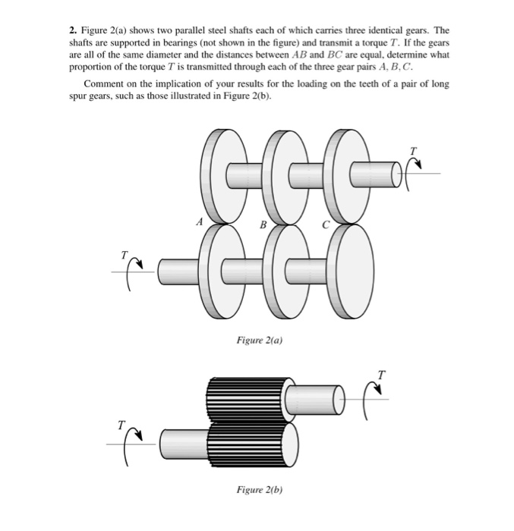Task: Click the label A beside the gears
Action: (198, 222)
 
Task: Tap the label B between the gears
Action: (262, 225)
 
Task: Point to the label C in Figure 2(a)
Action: (325, 224)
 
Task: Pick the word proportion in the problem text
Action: (90, 66)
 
